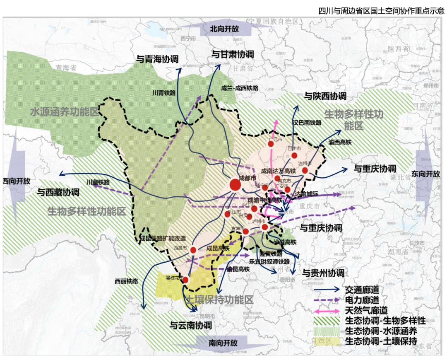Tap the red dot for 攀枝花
[186, 280]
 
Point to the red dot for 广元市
[271, 144]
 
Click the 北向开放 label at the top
[224, 29]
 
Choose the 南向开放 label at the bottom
[223, 343]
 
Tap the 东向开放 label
[426, 174]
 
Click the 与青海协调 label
[157, 59]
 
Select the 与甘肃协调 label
[233, 54]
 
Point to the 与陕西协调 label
[325, 96]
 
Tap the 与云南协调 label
[191, 325]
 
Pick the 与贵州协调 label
[323, 273]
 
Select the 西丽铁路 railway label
[126, 281]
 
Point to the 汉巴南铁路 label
[307, 123]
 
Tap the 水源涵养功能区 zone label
[65, 112]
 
